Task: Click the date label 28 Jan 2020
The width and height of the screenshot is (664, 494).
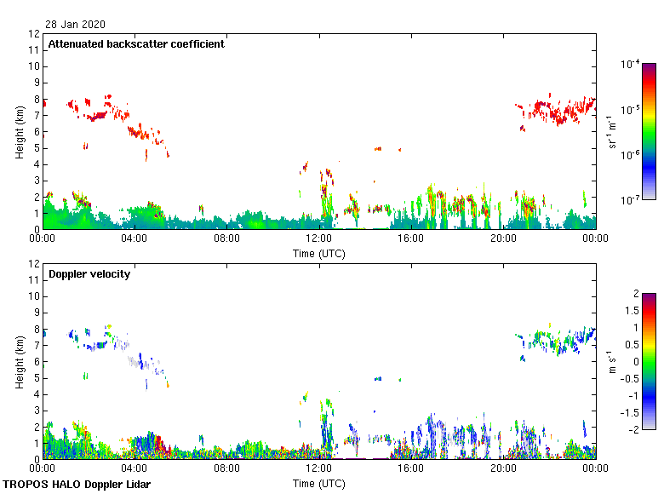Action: tap(77, 25)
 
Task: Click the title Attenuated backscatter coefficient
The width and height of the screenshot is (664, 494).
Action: tap(136, 44)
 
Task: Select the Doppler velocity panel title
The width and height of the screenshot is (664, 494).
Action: tap(83, 274)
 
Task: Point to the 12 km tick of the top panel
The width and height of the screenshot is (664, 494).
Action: tap(35, 34)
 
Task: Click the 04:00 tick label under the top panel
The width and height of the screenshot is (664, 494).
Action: tap(135, 239)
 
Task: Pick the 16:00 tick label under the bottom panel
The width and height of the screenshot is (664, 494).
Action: tap(411, 469)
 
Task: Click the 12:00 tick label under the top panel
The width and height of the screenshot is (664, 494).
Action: tap(319, 239)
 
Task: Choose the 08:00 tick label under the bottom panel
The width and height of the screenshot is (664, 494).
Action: tap(226, 469)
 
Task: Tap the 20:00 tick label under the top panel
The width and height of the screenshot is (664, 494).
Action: tap(503, 239)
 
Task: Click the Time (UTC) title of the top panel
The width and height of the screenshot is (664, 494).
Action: tap(319, 253)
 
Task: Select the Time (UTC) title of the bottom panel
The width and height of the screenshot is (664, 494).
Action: tap(319, 483)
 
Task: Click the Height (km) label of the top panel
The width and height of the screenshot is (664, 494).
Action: tap(20, 132)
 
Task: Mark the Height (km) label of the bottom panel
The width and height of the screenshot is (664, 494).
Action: tap(20, 362)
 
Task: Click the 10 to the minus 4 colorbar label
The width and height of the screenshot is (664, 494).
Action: tap(631, 64)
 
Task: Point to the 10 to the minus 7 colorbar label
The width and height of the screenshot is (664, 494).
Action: tap(631, 199)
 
